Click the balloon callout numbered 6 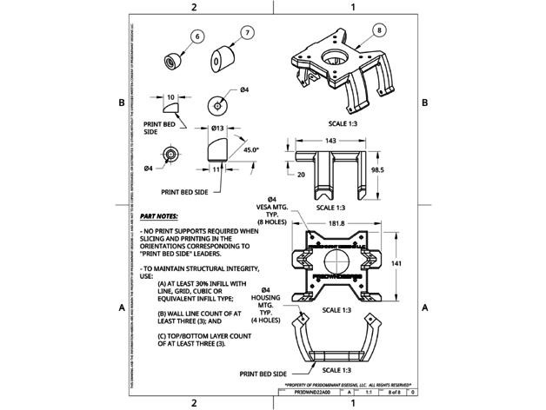[196, 36]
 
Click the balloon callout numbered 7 [248, 32]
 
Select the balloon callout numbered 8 [379, 30]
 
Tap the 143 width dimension [331, 141]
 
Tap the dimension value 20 [302, 175]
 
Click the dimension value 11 [216, 169]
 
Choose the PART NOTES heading [158, 215]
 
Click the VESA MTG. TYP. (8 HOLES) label [272, 211]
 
